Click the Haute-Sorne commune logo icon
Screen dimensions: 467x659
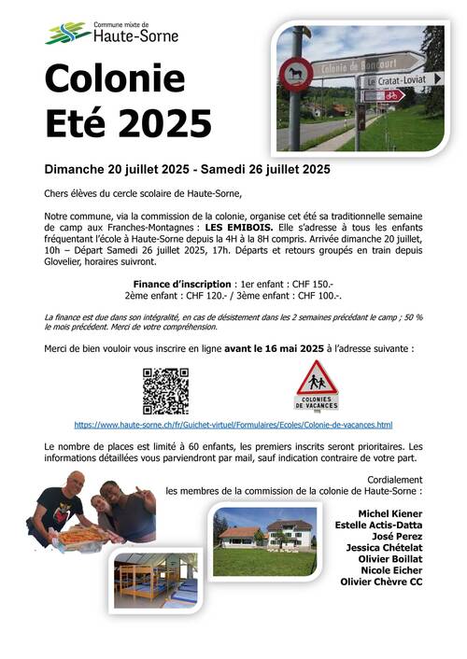pyautogui.click(x=67, y=34)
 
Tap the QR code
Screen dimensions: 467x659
pyautogui.click(x=165, y=389)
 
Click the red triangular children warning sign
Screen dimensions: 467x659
pyautogui.click(x=317, y=380)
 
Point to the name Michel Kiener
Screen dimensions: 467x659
pyautogui.click(x=390, y=513)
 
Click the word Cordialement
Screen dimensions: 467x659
pyautogui.click(x=389, y=478)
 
